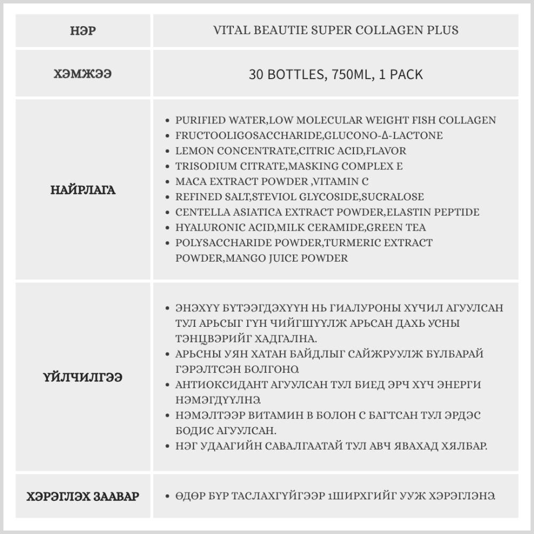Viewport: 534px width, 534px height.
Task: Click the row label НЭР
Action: [83, 30]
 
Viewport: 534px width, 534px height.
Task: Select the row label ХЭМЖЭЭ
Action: [83, 74]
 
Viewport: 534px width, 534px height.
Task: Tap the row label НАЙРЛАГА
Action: [83, 190]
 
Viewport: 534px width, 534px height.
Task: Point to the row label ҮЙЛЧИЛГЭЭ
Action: [83, 378]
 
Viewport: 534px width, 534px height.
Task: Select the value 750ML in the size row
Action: [350, 74]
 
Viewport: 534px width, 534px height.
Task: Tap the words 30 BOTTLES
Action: [286, 74]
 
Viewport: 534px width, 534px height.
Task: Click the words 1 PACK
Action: [400, 74]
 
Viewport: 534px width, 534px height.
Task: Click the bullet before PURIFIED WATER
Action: [169, 121]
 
